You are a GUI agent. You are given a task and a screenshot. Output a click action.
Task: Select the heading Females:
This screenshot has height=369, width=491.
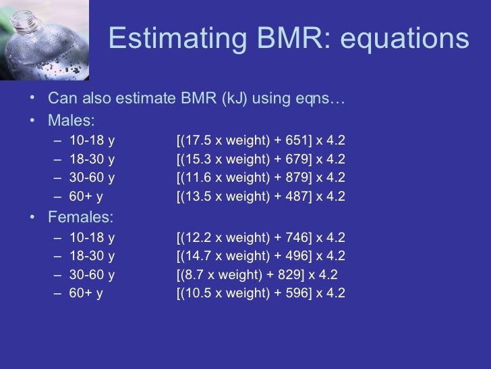click(81, 218)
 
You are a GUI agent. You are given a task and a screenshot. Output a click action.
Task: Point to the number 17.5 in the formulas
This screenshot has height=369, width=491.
click(196, 141)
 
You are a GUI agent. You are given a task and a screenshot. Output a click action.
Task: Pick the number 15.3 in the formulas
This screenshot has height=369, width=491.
click(196, 159)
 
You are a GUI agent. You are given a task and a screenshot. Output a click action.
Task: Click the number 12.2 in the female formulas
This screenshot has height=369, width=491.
click(196, 238)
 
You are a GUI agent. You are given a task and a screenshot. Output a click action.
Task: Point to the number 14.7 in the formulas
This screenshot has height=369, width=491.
click(196, 256)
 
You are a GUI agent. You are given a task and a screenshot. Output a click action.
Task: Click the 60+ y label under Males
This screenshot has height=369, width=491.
click(86, 197)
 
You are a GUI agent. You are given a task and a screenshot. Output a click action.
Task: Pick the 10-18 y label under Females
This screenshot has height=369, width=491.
click(92, 238)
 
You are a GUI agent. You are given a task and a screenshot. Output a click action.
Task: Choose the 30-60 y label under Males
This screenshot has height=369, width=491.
click(92, 178)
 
